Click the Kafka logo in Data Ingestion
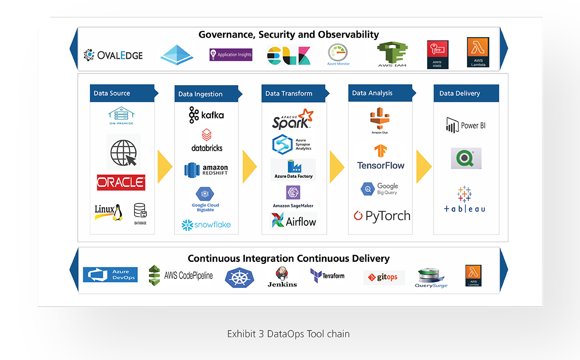206,115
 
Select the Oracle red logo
121,183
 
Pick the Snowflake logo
206,225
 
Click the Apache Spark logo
292,119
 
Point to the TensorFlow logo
381,158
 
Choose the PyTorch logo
382,216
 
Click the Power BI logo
465,125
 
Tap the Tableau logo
464,199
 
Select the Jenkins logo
282,276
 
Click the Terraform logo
328,275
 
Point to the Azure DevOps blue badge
110,274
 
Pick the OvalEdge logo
113,55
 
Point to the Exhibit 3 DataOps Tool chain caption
289,334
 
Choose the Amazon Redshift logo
206,170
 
